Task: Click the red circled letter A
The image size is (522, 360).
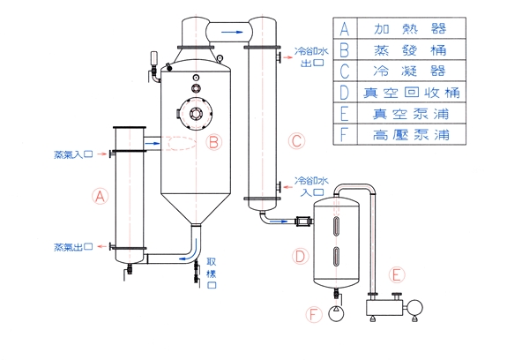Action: [101, 196]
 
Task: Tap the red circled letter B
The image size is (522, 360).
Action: [213, 142]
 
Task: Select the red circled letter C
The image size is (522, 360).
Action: [296, 141]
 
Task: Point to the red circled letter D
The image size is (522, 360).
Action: [300, 257]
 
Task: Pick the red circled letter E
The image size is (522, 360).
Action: [397, 275]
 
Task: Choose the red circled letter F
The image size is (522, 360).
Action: [314, 314]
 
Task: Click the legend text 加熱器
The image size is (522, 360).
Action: [410, 28]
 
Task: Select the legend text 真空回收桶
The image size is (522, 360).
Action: [412, 93]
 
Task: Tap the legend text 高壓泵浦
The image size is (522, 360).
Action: [411, 134]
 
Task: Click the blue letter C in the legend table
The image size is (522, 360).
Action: [345, 71]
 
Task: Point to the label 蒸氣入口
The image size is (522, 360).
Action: [73, 154]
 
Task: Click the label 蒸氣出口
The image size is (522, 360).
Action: [73, 247]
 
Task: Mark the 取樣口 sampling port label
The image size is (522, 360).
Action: [212, 273]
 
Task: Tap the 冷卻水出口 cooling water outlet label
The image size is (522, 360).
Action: [311, 57]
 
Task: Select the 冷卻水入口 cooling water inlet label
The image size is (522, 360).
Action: [311, 186]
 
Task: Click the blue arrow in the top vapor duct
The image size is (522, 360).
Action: [233, 32]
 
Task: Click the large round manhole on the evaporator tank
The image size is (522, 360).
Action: [196, 114]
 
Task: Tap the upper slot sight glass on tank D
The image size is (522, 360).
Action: [337, 227]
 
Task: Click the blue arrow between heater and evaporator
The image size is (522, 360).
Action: [153, 143]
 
